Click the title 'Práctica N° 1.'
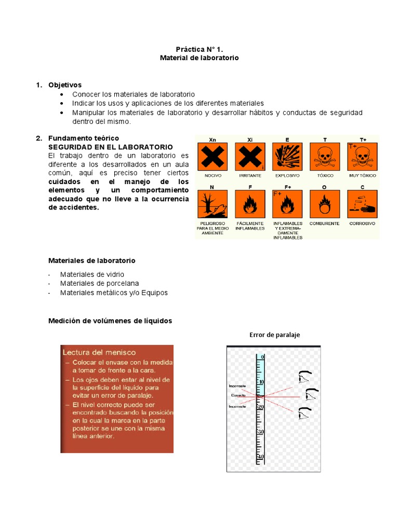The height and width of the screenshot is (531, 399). point(199,49)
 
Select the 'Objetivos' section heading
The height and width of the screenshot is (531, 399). point(65,85)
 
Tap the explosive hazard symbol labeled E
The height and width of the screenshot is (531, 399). point(287,157)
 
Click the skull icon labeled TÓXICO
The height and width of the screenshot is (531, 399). point(325,157)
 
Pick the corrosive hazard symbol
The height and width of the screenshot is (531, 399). point(362,204)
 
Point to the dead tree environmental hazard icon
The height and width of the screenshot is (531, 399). point(212,204)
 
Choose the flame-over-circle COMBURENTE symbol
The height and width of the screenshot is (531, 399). point(325,204)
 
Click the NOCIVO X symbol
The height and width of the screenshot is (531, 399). point(212,157)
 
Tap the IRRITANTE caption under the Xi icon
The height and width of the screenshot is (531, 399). point(250,176)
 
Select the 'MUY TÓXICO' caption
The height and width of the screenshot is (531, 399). point(362,176)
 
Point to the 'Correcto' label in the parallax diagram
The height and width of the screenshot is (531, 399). point(238,396)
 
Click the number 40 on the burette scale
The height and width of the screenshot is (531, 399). point(261,457)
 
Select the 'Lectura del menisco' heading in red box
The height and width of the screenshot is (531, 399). point(99,352)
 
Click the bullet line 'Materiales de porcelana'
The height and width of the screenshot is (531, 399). point(92,283)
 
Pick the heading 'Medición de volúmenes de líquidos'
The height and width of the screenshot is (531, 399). point(110,321)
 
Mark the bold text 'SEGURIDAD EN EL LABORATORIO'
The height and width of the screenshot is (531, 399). point(110,147)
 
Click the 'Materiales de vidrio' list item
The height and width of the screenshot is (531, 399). point(92,274)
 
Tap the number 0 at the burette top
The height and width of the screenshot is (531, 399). point(262,357)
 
